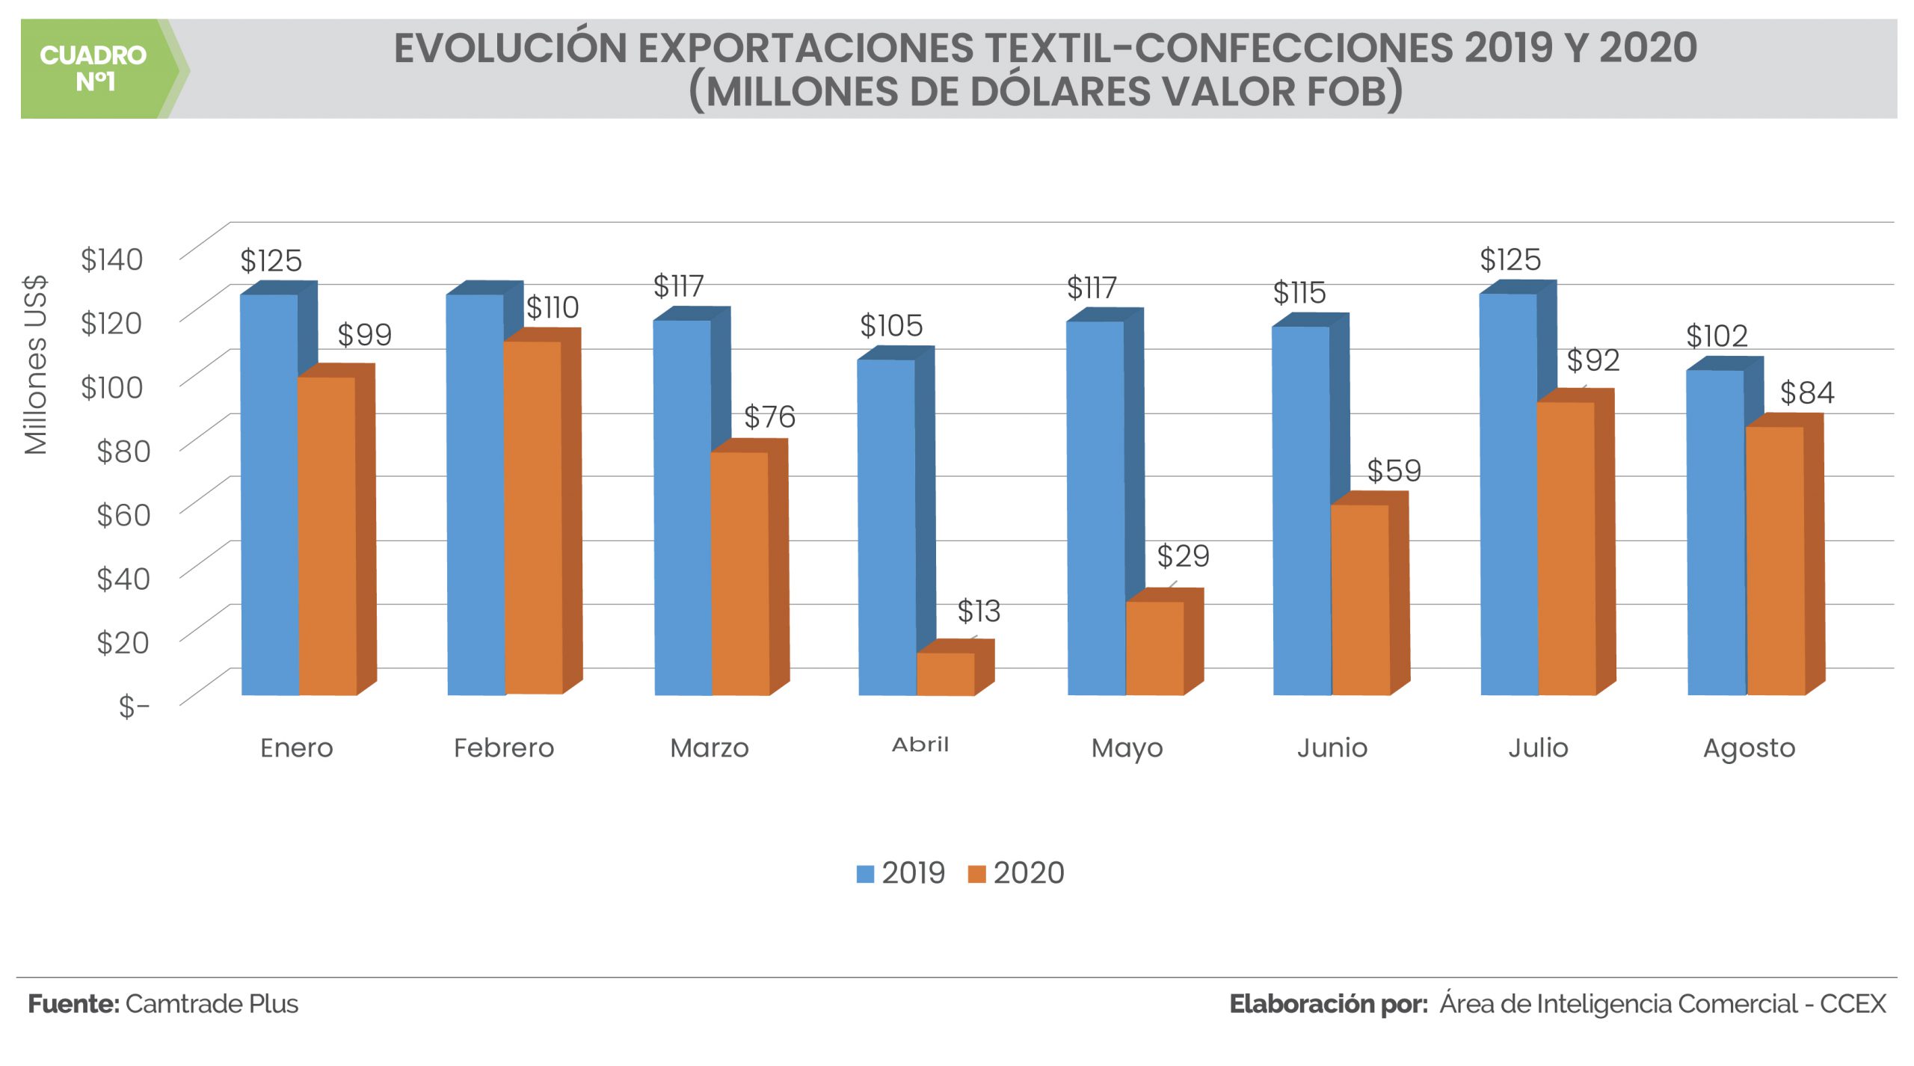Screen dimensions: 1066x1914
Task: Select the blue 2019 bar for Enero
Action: pyautogui.click(x=269, y=493)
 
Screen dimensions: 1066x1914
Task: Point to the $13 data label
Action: pyautogui.click(x=979, y=611)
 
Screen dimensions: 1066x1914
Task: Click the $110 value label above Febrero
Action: pyautogui.click(x=553, y=307)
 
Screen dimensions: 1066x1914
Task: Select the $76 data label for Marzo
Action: pyautogui.click(x=769, y=416)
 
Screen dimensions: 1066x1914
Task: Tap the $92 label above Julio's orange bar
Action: pyautogui.click(x=1593, y=360)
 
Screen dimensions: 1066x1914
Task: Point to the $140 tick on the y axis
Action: pyautogui.click(x=112, y=259)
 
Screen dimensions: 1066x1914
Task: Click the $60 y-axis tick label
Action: pyautogui.click(x=123, y=514)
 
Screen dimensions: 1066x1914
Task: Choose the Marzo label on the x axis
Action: pyautogui.click(x=710, y=748)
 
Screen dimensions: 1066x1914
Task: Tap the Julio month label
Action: pyautogui.click(x=1538, y=748)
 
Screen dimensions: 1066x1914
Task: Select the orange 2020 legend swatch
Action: pyautogui.click(x=976, y=873)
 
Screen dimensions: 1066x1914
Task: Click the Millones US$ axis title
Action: pyautogui.click(x=36, y=365)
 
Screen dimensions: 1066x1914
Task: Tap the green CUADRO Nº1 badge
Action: pyautogui.click(x=93, y=68)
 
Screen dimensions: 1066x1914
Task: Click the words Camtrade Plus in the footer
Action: pyautogui.click(x=212, y=1003)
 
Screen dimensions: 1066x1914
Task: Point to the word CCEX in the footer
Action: pyautogui.click(x=1853, y=1003)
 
